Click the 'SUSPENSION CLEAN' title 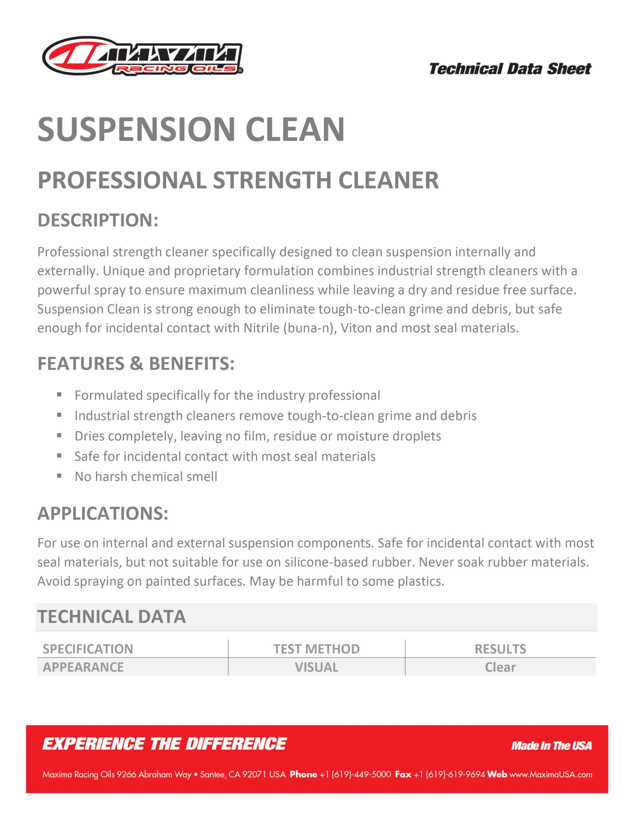click(191, 129)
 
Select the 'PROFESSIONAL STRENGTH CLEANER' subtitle click(238, 180)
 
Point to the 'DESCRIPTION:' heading click(98, 220)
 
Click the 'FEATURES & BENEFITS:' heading click(136, 364)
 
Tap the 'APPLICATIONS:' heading click(103, 513)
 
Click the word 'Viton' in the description click(356, 328)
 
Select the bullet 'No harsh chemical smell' click(146, 476)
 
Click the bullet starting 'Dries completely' click(258, 436)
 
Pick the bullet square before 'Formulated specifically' click(59, 395)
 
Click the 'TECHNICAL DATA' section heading click(111, 617)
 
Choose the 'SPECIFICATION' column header click(88, 649)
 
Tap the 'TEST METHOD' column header click(316, 649)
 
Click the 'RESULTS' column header click(500, 649)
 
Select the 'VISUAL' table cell click(316, 667)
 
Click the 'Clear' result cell click(500, 667)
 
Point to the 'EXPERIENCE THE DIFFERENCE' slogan click(164, 744)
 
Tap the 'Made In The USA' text click(551, 746)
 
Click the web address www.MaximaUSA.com click(550, 775)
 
